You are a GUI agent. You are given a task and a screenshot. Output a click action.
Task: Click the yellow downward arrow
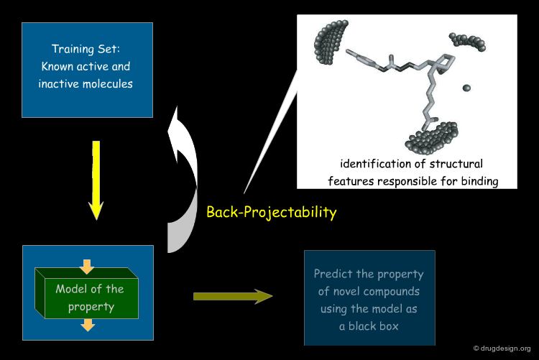[x=96, y=180]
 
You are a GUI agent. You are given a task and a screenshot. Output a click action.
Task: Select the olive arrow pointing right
[x=233, y=296]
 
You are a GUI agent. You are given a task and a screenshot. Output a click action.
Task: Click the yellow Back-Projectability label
[x=271, y=212]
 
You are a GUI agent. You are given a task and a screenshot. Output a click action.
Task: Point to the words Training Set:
[x=86, y=49]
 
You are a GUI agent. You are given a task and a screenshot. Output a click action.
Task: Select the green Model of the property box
[x=87, y=293]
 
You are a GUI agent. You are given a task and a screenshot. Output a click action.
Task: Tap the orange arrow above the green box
[x=87, y=267]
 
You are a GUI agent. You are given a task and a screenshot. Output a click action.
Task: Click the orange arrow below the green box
[x=88, y=325]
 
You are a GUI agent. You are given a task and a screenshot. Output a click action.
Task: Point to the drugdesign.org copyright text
[x=502, y=349]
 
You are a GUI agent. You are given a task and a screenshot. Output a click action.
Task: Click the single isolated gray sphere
[x=466, y=88]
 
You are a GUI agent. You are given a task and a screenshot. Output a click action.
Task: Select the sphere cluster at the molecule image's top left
[x=330, y=42]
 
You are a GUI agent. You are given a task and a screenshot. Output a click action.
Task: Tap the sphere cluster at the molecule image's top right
[x=468, y=42]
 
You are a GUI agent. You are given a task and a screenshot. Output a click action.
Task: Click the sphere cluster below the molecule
[x=432, y=137]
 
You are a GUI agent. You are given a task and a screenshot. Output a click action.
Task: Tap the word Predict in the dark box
[x=333, y=274]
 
